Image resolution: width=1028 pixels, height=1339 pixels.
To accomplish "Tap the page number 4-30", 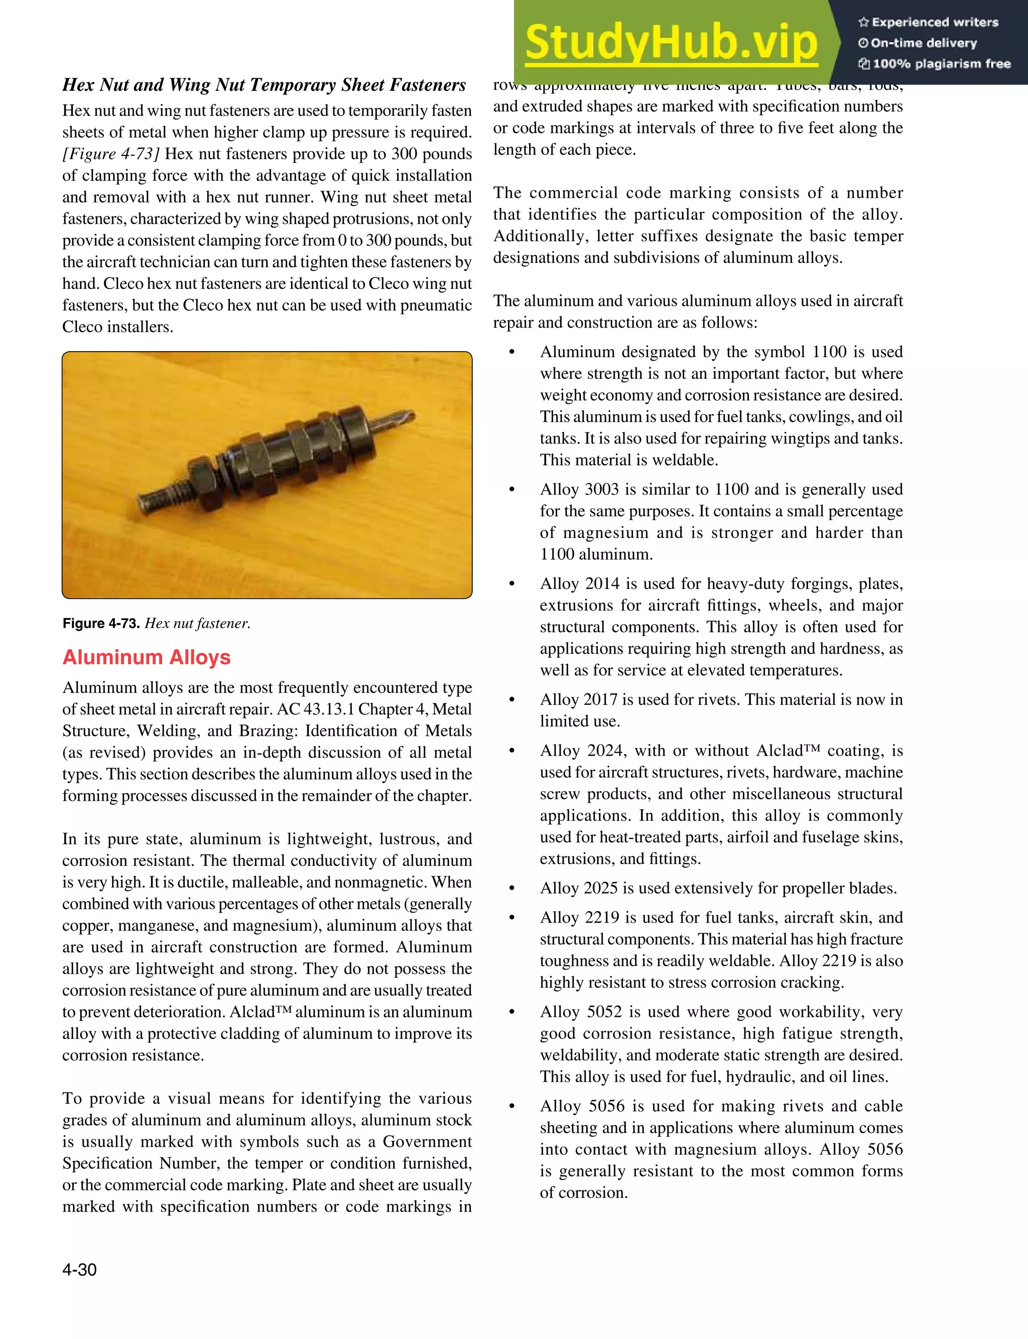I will (x=79, y=1269).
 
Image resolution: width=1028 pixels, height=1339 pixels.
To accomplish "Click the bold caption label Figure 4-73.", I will (x=101, y=623).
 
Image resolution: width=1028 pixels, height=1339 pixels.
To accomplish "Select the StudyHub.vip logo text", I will (x=671, y=43).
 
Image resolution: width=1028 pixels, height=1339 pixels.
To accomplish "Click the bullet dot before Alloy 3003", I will (x=512, y=490).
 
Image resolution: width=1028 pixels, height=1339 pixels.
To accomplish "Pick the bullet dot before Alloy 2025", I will (x=512, y=888).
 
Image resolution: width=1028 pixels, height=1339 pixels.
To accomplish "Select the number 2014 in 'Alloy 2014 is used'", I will (x=602, y=583).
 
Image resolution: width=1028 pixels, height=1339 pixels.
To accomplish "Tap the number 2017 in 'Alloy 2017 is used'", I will (x=602, y=699).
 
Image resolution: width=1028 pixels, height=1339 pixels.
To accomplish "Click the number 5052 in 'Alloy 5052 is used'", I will (x=604, y=1012).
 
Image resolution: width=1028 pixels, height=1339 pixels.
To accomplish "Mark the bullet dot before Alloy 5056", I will (x=512, y=1107).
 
